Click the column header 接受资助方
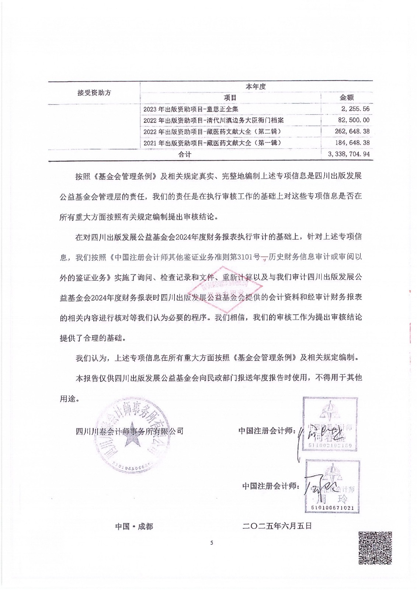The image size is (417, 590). coord(94,93)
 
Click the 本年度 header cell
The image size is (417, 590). coord(256,87)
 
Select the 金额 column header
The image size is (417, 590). coord(347,98)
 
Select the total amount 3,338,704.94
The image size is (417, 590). coord(348,154)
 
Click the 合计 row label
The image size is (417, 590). coord(185,155)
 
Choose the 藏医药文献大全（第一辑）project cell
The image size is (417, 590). coord(212,143)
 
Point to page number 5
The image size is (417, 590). coord(212,542)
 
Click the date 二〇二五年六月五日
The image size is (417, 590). coord(277,526)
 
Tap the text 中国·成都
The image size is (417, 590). coord(134,527)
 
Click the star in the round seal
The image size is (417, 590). coord(133,441)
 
